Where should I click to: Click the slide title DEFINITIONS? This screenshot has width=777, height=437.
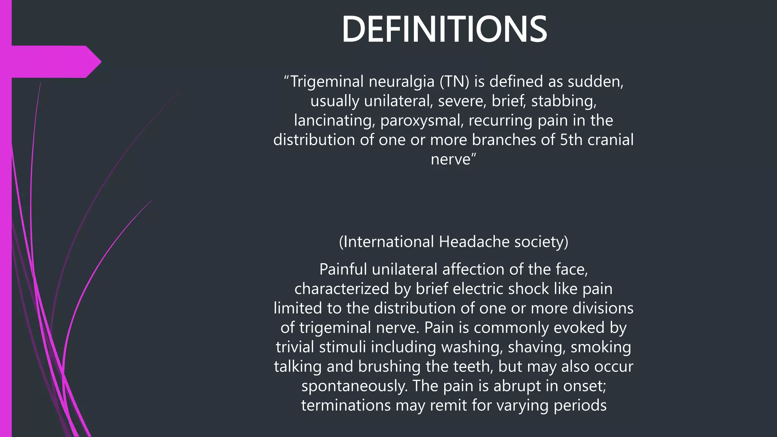point(444,30)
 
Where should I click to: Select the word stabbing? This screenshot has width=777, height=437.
point(563,101)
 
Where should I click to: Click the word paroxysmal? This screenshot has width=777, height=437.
point(422,121)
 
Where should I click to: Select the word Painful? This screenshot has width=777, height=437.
point(343,269)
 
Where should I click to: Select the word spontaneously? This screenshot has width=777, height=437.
point(354,386)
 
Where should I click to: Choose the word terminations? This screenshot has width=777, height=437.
point(346,406)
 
